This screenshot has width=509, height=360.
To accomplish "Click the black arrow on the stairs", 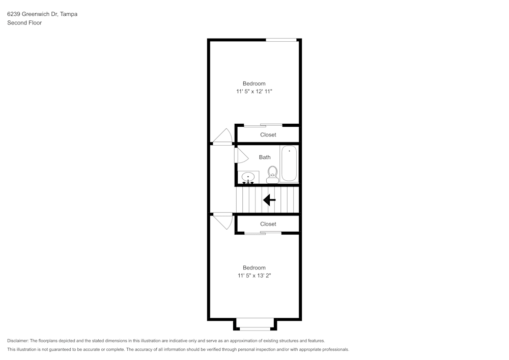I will click(269, 200).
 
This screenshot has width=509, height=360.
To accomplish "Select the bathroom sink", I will click(248, 177).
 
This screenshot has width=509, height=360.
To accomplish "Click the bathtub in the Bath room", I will click(289, 163).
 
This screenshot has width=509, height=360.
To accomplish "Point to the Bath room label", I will click(265, 157).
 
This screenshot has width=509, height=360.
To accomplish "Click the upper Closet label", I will click(268, 135).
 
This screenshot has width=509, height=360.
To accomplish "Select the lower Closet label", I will click(268, 224).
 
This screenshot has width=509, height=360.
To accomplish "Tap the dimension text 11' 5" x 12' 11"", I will click(254, 92).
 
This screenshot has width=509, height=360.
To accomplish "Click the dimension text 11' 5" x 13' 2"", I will click(254, 276).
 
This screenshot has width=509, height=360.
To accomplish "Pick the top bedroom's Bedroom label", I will click(254, 84).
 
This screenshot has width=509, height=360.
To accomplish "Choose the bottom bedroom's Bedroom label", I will click(254, 268).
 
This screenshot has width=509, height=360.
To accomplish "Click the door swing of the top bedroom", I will click(223, 136).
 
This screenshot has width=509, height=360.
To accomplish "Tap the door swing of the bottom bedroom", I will click(223, 221).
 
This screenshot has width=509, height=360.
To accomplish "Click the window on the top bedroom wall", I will click(281, 40).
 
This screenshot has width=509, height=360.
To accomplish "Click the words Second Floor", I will click(24, 23).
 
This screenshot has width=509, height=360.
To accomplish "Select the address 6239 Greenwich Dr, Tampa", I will click(42, 14).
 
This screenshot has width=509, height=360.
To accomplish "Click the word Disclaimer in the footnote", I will click(18, 341).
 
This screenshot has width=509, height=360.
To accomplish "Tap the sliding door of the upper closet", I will click(263, 125).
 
